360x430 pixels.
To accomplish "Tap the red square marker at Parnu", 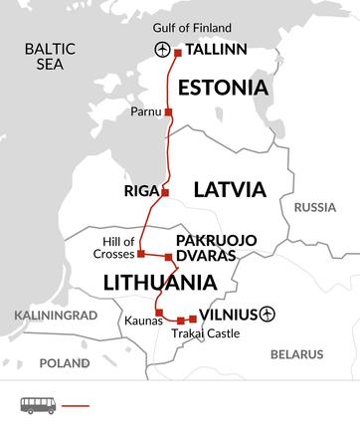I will click(x=168, y=111).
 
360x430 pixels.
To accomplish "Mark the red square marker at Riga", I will click(x=165, y=192).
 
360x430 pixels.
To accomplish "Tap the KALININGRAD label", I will click(x=45, y=315).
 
